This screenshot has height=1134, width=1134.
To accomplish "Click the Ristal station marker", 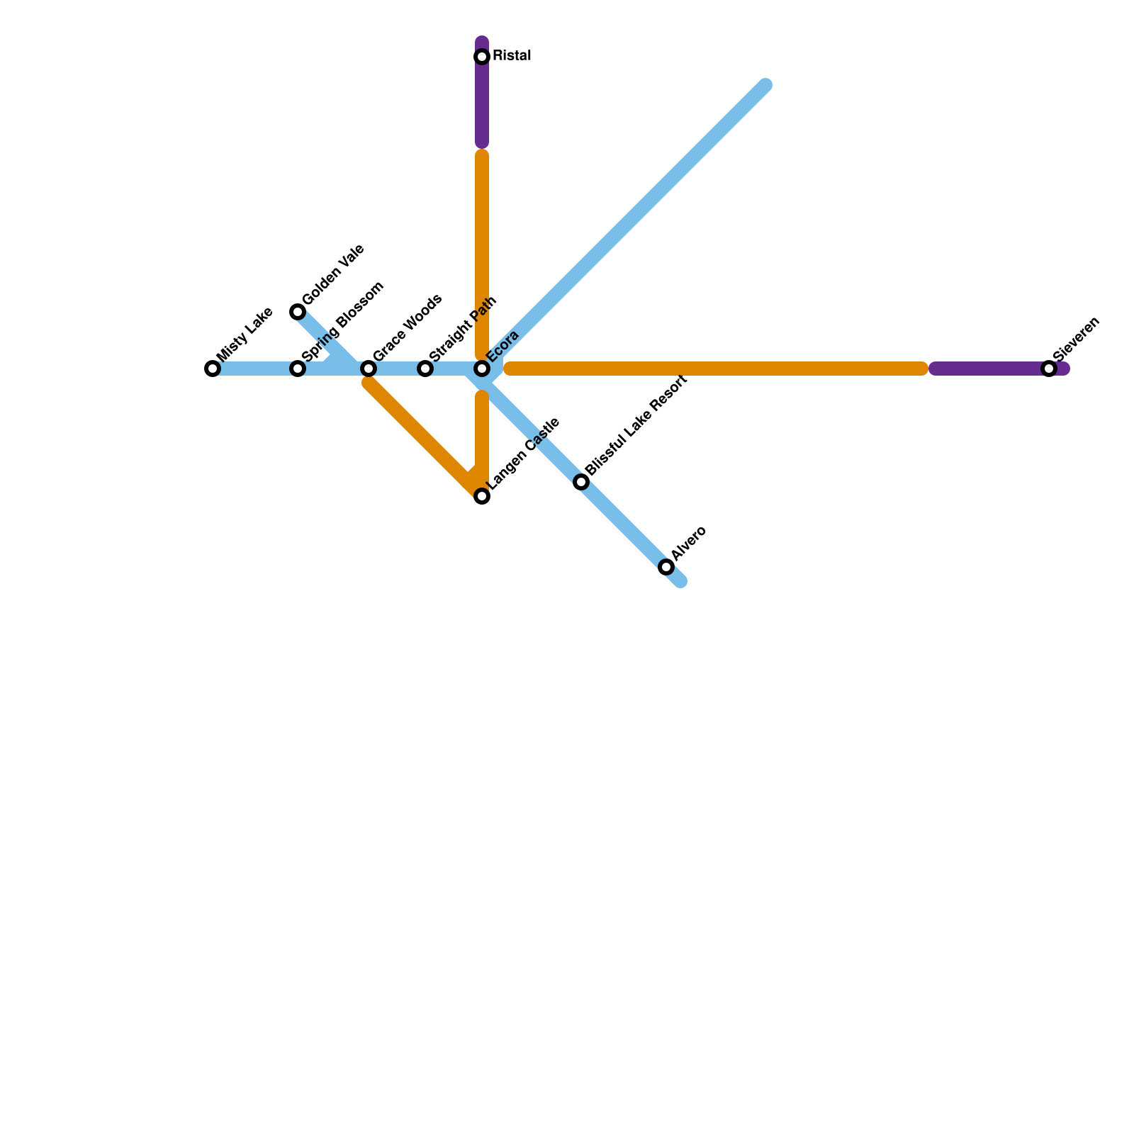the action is (482, 57).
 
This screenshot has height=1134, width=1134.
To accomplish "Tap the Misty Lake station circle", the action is (213, 369).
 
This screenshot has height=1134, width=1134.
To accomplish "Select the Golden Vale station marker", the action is (298, 312).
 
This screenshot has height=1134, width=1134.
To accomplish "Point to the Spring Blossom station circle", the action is (298, 369).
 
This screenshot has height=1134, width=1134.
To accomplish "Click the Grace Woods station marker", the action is (369, 369).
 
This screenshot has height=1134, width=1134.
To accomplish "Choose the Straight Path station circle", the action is (425, 369).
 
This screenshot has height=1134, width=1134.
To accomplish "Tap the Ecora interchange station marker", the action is (482, 369).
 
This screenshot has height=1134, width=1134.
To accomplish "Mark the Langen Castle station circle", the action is (482, 496).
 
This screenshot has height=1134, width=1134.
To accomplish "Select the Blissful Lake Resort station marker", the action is (581, 482).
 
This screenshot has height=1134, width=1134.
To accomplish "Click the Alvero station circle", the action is (666, 567).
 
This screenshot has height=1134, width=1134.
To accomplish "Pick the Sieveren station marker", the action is (1049, 369).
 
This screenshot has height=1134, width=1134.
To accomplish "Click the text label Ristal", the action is (512, 56).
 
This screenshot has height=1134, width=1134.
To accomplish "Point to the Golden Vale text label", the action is (332, 274).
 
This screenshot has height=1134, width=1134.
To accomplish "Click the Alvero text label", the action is (689, 544).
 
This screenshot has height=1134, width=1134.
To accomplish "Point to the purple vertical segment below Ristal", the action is (482, 106).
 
